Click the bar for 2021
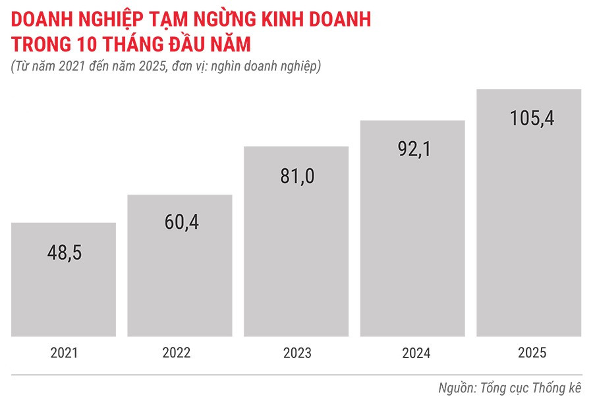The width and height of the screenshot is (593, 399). (x=64, y=280)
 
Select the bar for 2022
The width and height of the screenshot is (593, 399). (x=180, y=266)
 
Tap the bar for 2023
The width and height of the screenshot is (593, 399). (x=296, y=241)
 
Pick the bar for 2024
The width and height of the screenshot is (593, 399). (x=412, y=228)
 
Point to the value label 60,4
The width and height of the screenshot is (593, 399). (x=180, y=222)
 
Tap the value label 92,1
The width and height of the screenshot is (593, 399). (x=412, y=150)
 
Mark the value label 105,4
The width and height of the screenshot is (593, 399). (x=529, y=119)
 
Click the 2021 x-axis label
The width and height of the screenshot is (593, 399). (x=64, y=353)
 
